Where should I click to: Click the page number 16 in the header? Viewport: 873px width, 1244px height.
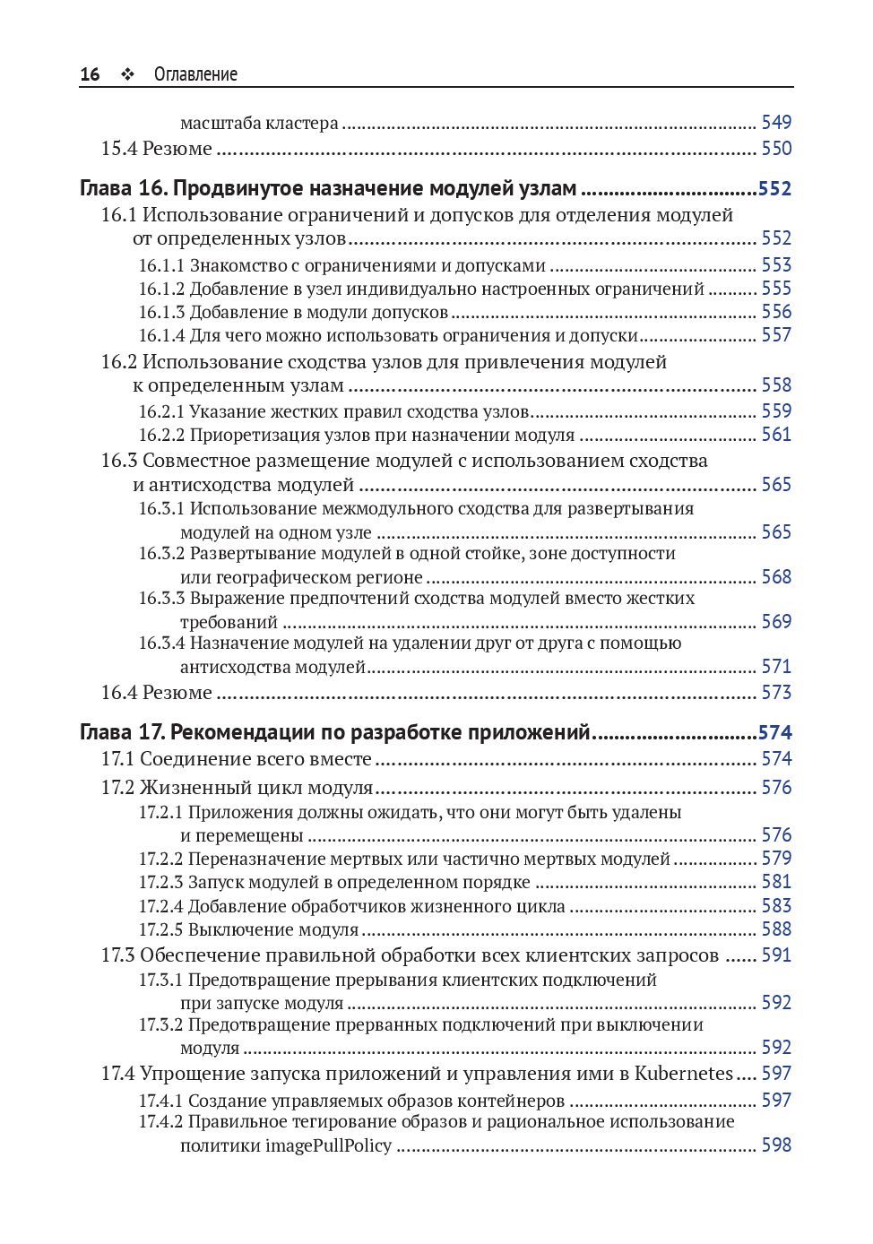tap(90, 74)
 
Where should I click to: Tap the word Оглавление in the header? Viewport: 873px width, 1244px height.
tap(195, 74)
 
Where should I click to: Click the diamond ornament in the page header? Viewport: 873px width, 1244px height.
tap(126, 75)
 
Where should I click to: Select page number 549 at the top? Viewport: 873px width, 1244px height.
tap(776, 123)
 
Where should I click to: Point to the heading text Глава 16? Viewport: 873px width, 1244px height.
tap(121, 189)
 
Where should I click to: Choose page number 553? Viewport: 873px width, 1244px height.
tap(776, 264)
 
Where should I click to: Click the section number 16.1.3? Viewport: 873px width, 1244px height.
tap(161, 312)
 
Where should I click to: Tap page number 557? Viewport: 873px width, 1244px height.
tap(776, 335)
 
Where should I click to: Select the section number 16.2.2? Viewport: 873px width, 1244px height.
tap(161, 435)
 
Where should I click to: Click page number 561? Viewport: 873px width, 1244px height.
tap(776, 435)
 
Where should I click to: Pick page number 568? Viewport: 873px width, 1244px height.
tap(776, 577)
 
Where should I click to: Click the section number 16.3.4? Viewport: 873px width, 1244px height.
tap(161, 644)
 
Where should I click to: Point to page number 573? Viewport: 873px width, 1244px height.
tap(776, 693)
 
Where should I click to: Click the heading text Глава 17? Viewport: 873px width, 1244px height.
tap(121, 733)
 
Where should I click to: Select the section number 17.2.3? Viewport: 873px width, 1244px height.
tap(161, 882)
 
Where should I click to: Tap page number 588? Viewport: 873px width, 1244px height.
tap(776, 929)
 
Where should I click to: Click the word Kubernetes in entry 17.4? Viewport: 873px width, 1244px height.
tap(685, 1073)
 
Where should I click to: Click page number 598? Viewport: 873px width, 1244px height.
tap(776, 1145)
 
